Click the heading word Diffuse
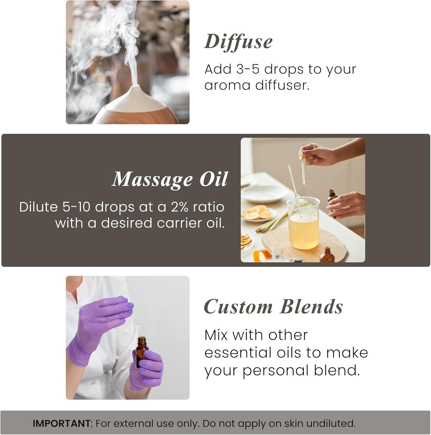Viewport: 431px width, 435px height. (x=238, y=41)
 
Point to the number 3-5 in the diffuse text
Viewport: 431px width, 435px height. (x=248, y=69)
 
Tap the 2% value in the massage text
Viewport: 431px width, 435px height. (x=180, y=207)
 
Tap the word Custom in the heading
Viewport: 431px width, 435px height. (x=238, y=307)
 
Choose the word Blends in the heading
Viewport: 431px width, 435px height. (x=312, y=307)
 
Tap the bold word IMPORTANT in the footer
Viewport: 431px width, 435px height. (x=61, y=423)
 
